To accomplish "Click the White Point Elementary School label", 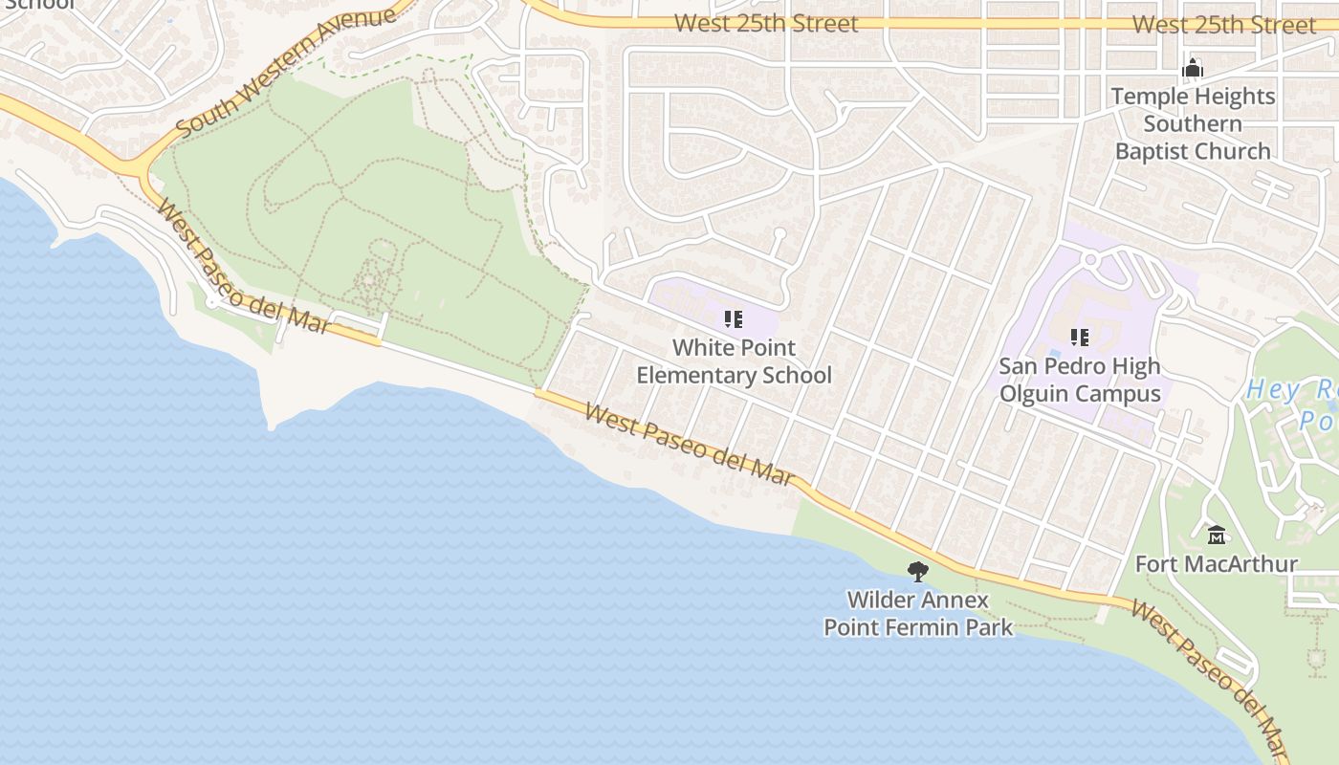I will (x=734, y=361).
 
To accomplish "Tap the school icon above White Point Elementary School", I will (x=734, y=318).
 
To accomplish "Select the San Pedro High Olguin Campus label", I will (x=1080, y=380).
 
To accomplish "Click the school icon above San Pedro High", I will (x=1080, y=337).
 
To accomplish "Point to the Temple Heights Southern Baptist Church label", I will (x=1193, y=123).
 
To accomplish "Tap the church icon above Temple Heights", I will (x=1193, y=68).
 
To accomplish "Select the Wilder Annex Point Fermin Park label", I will (x=918, y=614).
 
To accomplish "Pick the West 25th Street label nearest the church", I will (x=1224, y=25).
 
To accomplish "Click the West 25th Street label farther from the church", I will (x=766, y=23).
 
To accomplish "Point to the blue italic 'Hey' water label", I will (x=1272, y=390).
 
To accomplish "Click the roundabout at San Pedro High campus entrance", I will (x=1089, y=259).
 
